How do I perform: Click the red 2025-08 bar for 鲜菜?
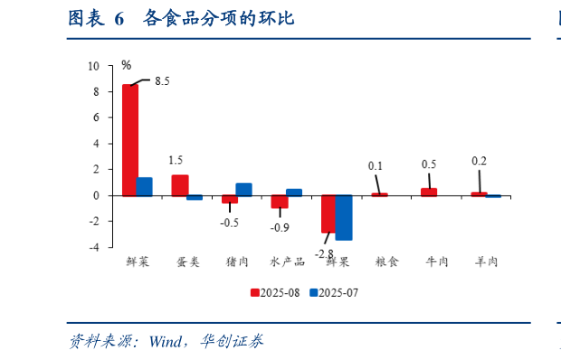[x=130, y=139]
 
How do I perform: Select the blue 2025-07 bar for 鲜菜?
[x=144, y=186]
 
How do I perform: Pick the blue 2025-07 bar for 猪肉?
[x=243, y=189]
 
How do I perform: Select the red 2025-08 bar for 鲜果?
[x=329, y=213]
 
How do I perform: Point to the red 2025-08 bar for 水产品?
[x=280, y=202]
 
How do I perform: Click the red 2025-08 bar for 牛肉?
[x=429, y=191]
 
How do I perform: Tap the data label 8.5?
[x=162, y=81]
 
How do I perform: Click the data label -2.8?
[x=324, y=254]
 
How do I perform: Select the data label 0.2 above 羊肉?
[x=480, y=161]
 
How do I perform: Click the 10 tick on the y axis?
[x=94, y=66]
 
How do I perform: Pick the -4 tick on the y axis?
[x=94, y=247]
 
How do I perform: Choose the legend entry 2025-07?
[x=338, y=292]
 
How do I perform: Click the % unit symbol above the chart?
[x=127, y=64]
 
